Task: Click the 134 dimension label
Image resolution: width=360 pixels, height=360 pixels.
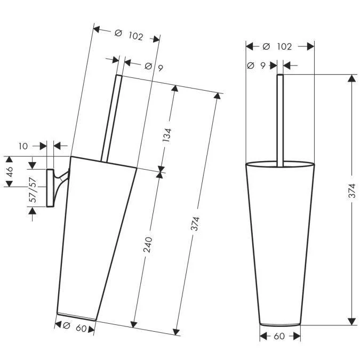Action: point(167,135)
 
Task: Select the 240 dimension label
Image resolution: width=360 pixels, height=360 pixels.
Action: point(148,245)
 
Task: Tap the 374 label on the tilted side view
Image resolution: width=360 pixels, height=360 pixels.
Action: point(195,223)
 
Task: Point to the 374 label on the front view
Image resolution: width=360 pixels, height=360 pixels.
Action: point(352,190)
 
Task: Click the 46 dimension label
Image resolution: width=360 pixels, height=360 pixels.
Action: point(10,172)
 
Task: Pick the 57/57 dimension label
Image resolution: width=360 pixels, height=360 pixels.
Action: point(33,190)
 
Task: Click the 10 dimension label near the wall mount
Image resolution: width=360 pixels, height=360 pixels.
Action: point(23,146)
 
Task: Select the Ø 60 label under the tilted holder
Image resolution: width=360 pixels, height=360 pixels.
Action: point(75,327)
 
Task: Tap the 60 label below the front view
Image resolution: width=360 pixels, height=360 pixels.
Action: point(279,337)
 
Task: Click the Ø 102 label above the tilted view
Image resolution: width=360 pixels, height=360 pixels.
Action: point(129,35)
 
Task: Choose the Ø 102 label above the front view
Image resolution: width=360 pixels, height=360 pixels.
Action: point(277,46)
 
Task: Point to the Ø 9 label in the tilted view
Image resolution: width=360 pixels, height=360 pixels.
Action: point(154,67)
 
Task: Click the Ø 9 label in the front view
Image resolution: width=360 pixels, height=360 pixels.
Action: point(256,66)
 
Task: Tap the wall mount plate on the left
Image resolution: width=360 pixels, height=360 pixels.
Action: point(50,188)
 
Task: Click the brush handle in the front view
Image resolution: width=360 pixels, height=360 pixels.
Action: point(280,120)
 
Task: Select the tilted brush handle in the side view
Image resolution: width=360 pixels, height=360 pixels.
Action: point(111,118)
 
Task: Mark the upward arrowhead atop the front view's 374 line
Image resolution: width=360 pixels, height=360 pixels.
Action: point(352,78)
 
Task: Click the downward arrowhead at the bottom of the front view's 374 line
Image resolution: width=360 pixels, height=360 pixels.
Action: point(352,322)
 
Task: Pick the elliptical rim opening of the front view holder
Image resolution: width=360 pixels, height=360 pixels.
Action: point(280,164)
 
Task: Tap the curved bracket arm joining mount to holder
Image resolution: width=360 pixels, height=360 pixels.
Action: point(61,181)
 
